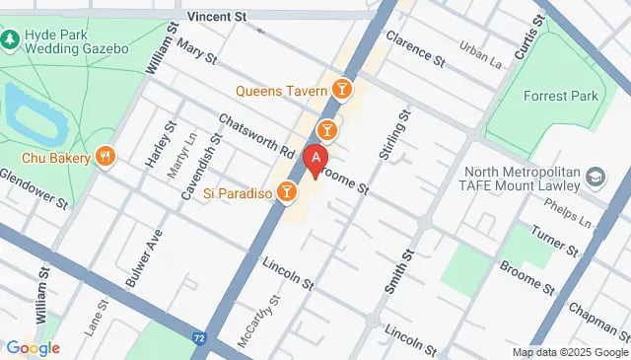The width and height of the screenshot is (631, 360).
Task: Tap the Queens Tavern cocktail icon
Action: point(342,91)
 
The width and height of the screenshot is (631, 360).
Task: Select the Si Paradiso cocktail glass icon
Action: point(287,192)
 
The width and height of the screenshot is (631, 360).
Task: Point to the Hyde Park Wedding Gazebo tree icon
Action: point(9,40)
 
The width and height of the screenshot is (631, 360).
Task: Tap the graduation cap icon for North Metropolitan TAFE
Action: point(596,178)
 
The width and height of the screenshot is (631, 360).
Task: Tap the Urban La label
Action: point(483,56)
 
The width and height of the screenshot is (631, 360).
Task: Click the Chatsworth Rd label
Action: point(258,137)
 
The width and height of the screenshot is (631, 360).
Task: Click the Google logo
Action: point(33,347)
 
